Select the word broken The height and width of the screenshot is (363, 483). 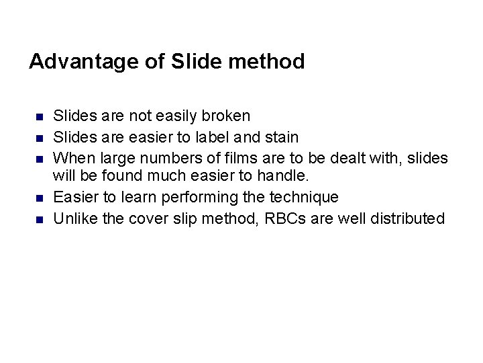coord(226,116)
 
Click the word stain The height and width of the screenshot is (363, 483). coord(282,137)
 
